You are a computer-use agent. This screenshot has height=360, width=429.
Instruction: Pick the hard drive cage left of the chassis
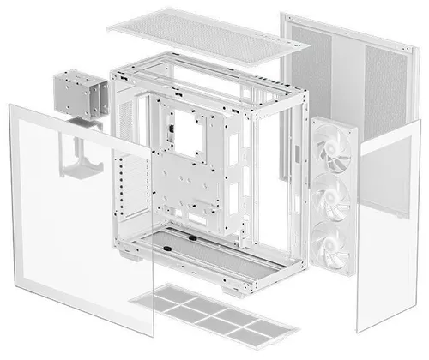pyautogui.click(x=76, y=95)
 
